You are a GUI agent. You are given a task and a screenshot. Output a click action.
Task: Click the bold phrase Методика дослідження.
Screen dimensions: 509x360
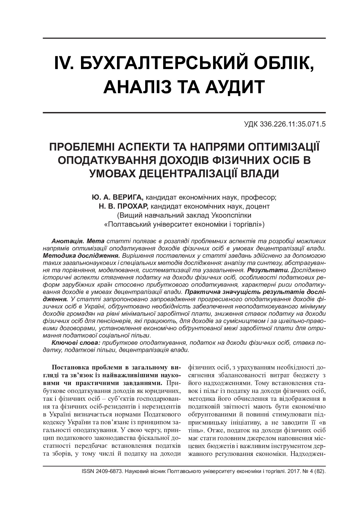[81, 256]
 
